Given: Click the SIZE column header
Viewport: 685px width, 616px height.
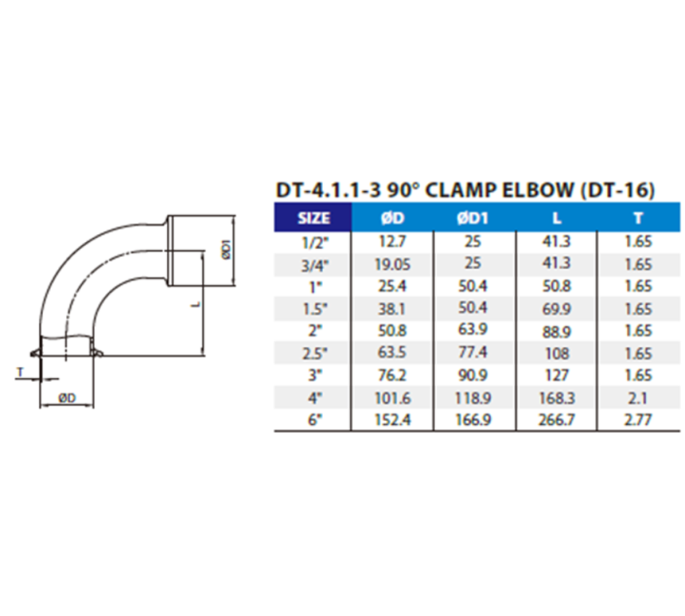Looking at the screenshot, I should [x=313, y=218].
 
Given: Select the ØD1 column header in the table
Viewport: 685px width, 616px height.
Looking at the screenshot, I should [x=474, y=218].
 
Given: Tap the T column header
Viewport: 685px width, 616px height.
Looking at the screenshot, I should [x=638, y=218].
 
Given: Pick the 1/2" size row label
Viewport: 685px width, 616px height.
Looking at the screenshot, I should [x=313, y=241].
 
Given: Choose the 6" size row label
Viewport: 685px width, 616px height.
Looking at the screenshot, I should [x=313, y=420].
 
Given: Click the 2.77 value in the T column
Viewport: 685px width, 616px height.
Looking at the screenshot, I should [x=638, y=420].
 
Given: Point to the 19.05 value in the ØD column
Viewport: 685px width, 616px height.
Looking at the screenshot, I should [x=392, y=264].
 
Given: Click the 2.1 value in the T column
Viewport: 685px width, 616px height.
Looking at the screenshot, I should [x=638, y=398].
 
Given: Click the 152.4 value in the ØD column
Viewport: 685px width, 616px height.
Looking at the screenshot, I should [x=392, y=420].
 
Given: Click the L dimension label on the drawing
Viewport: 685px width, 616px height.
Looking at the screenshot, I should [x=194, y=304].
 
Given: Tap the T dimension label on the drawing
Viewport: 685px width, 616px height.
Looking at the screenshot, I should [x=20, y=371].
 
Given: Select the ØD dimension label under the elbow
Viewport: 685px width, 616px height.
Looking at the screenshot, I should [x=67, y=398].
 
